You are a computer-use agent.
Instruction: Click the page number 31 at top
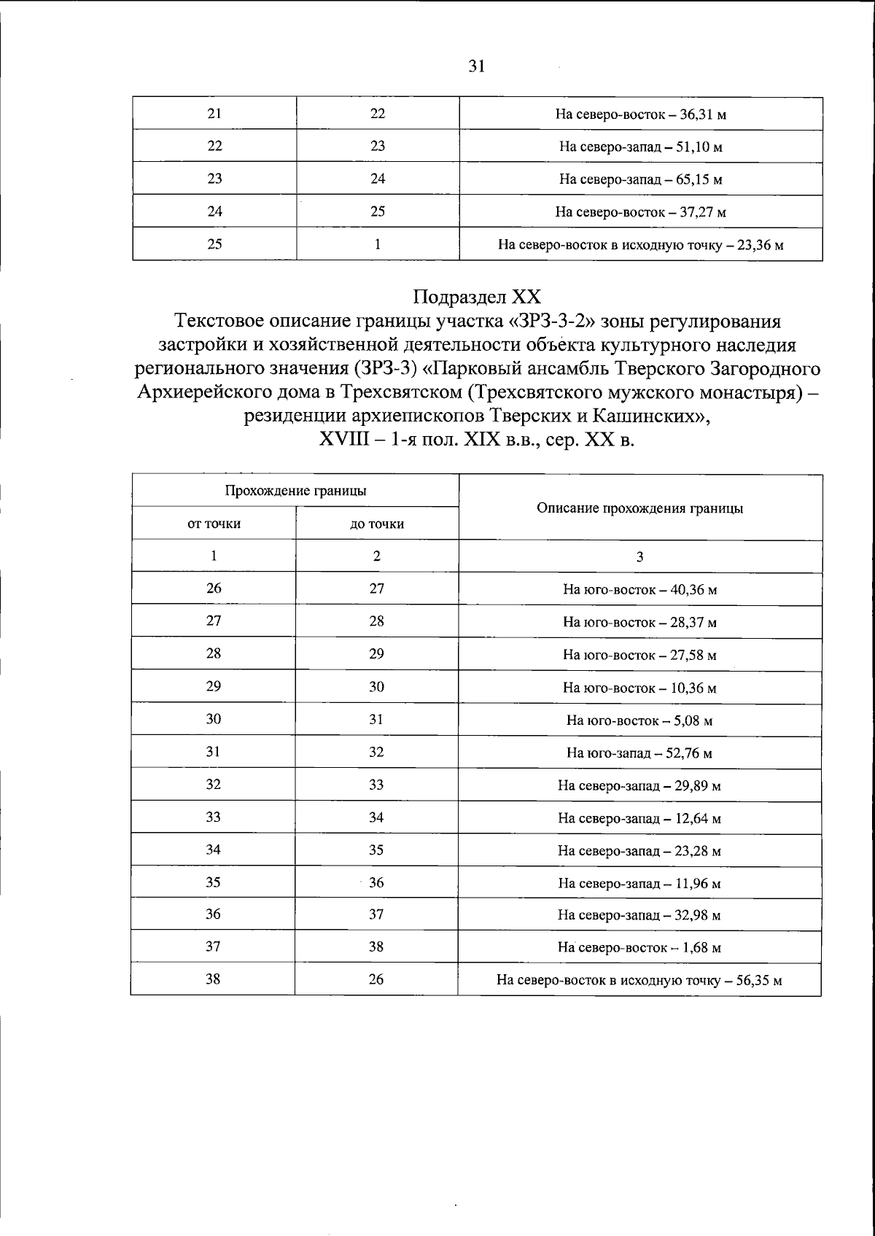pos(477,67)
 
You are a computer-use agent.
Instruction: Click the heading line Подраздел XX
pos(477,297)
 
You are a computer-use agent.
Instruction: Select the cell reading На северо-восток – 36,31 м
pos(640,114)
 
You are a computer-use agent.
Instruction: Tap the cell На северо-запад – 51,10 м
pos(640,147)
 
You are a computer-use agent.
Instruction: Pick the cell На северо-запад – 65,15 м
pos(640,179)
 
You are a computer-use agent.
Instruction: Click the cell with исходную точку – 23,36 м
pos(640,245)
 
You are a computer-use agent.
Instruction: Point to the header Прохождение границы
pos(295,491)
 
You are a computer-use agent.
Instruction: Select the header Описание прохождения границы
pos(639,508)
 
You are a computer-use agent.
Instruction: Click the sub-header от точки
pos(214,524)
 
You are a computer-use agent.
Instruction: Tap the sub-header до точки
pos(377,524)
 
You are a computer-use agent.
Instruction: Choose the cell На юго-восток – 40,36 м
pos(639,589)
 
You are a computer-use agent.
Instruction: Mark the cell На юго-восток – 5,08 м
pos(639,720)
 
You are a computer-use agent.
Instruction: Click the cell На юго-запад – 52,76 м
pos(639,753)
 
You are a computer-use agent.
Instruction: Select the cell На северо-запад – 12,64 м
pos(639,818)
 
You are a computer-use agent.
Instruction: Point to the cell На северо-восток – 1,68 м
pos(639,948)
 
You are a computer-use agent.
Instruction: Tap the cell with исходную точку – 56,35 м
pos(639,981)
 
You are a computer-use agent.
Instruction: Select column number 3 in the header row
pos(639,557)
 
